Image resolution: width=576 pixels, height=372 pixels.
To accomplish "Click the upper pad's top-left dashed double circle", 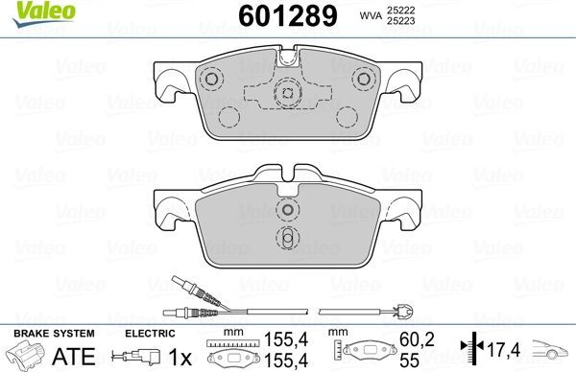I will tap(211, 78).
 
